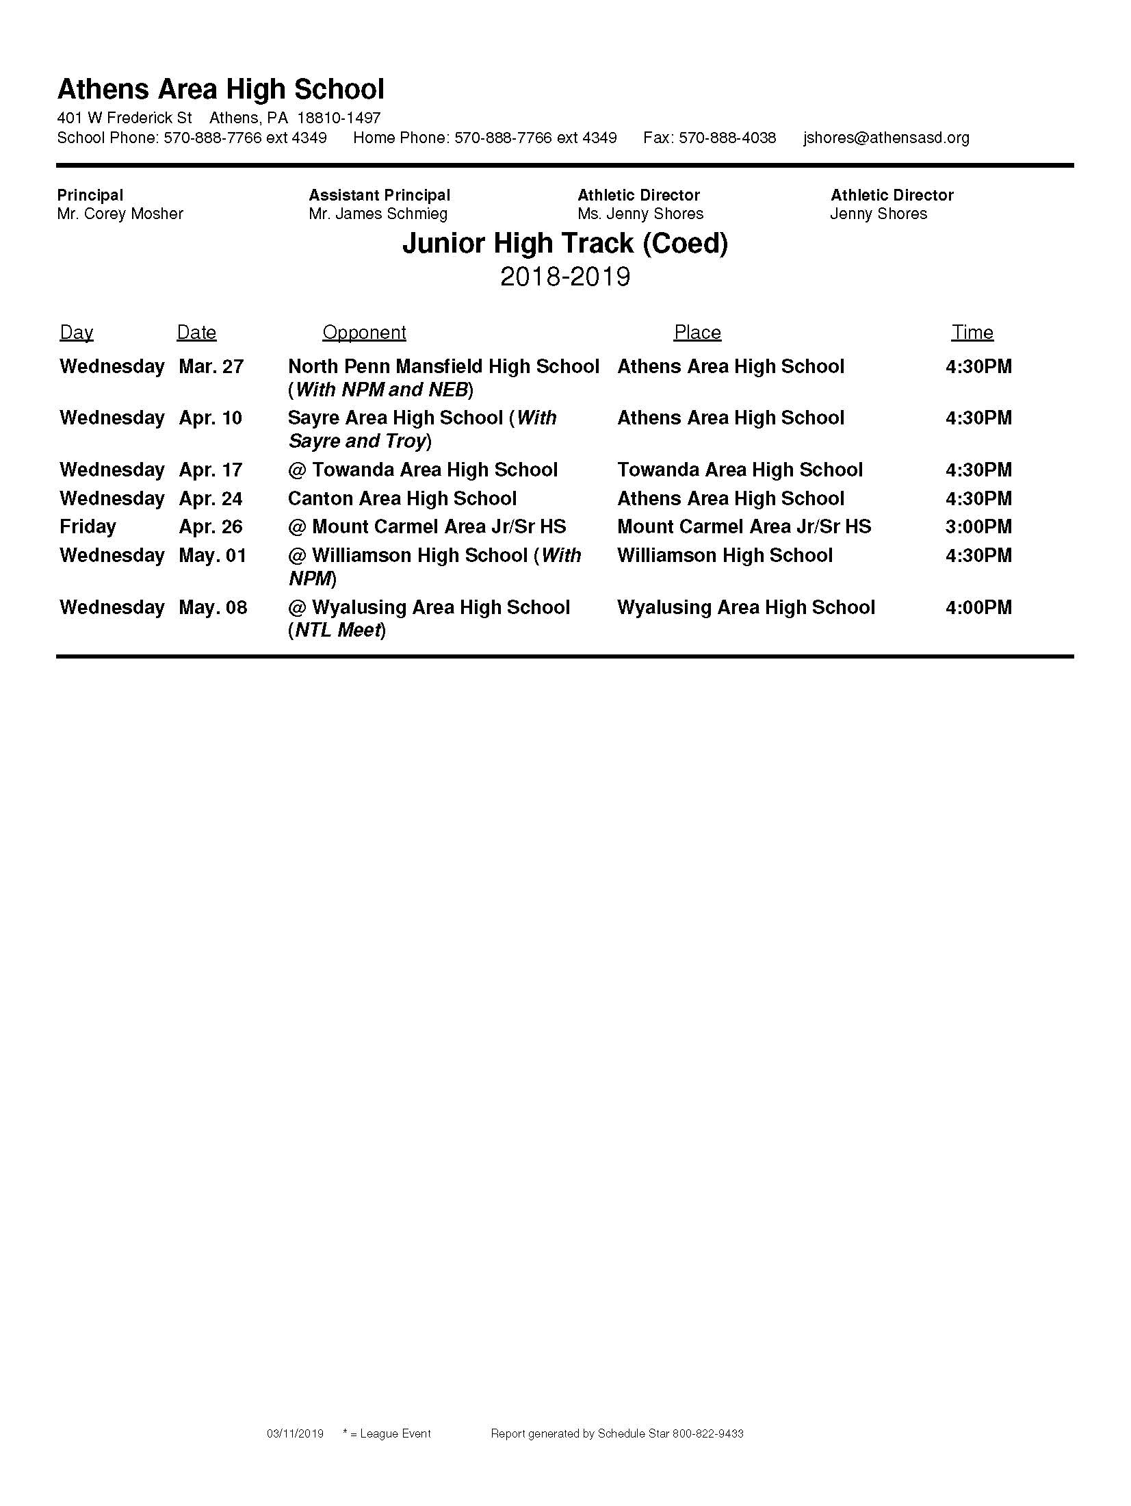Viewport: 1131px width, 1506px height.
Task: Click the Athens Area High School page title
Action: click(x=220, y=90)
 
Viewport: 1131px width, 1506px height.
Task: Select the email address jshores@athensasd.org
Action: click(x=886, y=138)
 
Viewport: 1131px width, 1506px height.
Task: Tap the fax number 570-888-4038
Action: click(x=727, y=138)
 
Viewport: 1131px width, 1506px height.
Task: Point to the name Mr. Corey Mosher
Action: click(x=120, y=214)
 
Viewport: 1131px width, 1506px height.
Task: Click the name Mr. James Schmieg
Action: click(x=378, y=214)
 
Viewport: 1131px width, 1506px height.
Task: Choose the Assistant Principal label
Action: click(x=379, y=195)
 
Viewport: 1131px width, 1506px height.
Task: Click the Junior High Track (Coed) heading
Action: click(x=564, y=243)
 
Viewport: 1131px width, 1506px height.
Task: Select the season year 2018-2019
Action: click(x=564, y=277)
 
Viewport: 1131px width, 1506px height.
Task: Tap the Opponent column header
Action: click(x=364, y=333)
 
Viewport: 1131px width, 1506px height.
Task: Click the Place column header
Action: click(x=697, y=333)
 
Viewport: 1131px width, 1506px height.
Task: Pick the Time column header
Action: click(x=972, y=333)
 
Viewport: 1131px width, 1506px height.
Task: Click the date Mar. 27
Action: click(x=211, y=367)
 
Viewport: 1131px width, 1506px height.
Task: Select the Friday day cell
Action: click(x=88, y=526)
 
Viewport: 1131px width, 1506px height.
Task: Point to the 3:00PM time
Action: click(x=978, y=526)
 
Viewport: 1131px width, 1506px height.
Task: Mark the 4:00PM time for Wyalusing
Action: click(x=978, y=607)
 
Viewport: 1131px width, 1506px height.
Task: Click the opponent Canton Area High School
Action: click(x=402, y=498)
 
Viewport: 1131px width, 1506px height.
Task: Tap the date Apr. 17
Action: click(x=210, y=470)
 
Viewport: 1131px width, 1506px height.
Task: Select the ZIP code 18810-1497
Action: click(x=339, y=118)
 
